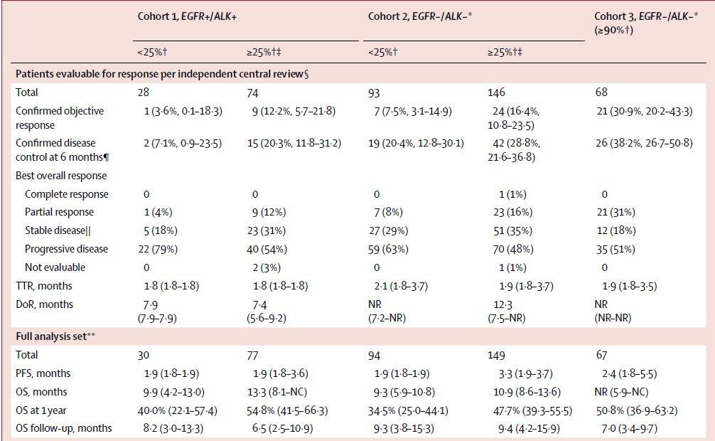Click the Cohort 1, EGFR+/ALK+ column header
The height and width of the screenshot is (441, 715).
click(187, 17)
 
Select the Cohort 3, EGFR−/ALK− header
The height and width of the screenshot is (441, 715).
click(645, 23)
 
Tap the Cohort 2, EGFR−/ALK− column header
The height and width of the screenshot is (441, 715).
click(420, 17)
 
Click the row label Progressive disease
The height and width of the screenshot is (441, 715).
click(66, 249)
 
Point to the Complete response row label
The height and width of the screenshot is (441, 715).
click(67, 194)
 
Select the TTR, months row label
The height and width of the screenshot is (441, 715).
click(44, 286)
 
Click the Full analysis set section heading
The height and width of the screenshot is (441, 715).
click(55, 336)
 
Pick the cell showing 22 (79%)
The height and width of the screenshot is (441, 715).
click(158, 249)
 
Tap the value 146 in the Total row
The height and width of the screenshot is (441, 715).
click(496, 92)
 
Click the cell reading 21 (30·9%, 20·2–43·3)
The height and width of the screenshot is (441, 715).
click(645, 112)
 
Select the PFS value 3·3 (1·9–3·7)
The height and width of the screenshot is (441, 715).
click(525, 374)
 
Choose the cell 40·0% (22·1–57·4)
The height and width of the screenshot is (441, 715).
click(178, 411)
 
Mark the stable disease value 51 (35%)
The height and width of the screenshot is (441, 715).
click(513, 231)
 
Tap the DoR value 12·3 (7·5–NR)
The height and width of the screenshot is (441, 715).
click(507, 312)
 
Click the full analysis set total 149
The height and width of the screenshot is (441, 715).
click(496, 356)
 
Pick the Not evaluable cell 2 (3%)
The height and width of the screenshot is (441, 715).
click(267, 268)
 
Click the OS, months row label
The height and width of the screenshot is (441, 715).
click(41, 392)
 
